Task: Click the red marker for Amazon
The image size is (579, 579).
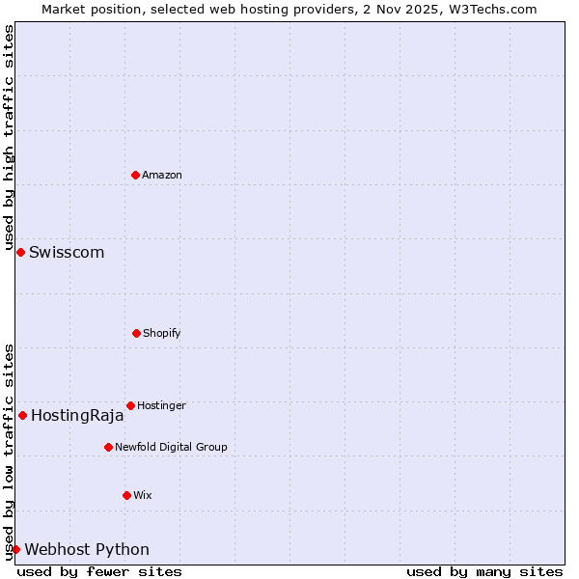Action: point(136,175)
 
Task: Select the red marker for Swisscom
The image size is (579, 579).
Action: point(20,252)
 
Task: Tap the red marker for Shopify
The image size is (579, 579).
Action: point(136,333)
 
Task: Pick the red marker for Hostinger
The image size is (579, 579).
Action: point(130,405)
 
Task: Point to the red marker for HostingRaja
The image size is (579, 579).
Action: point(22,415)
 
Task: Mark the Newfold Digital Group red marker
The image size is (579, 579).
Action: point(108,447)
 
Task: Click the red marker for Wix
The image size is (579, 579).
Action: point(126,495)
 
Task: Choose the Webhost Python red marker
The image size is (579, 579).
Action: point(15,549)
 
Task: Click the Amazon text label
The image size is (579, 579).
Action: point(162,175)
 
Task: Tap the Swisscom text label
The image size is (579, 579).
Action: point(67,253)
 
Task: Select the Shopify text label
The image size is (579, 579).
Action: point(162,333)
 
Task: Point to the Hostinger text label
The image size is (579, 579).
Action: point(161,405)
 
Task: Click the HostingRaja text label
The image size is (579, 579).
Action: point(77,416)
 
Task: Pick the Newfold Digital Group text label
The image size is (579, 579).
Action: point(171,447)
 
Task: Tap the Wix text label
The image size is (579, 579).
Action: point(143,495)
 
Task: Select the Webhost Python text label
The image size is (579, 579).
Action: point(87,550)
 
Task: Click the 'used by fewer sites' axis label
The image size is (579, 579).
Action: point(99,571)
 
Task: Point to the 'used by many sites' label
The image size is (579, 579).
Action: point(484,571)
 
